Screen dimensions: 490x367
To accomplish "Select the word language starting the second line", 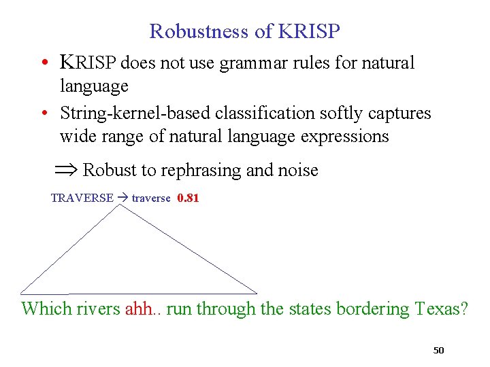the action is click(94, 86).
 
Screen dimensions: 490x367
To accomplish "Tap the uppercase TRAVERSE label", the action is click(82, 198).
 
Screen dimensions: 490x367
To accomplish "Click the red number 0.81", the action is click(187, 198).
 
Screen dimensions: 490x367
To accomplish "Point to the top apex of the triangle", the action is click(121, 205).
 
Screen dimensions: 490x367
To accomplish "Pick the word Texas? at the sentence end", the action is click(440, 309).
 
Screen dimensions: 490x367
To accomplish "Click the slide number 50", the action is click(438, 351).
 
